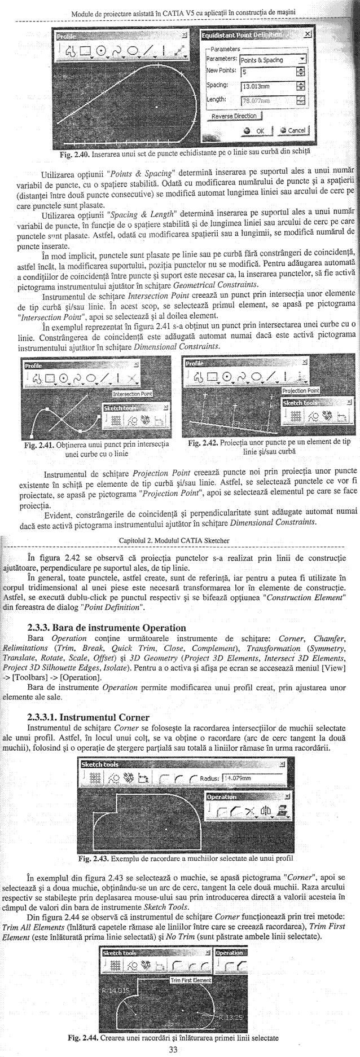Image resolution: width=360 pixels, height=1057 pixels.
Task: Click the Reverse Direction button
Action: pyautogui.click(x=233, y=116)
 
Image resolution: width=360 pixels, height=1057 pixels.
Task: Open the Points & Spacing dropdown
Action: pyautogui.click(x=302, y=59)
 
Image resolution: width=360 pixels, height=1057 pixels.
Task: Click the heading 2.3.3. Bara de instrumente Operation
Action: pyautogui.click(x=106, y=628)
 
